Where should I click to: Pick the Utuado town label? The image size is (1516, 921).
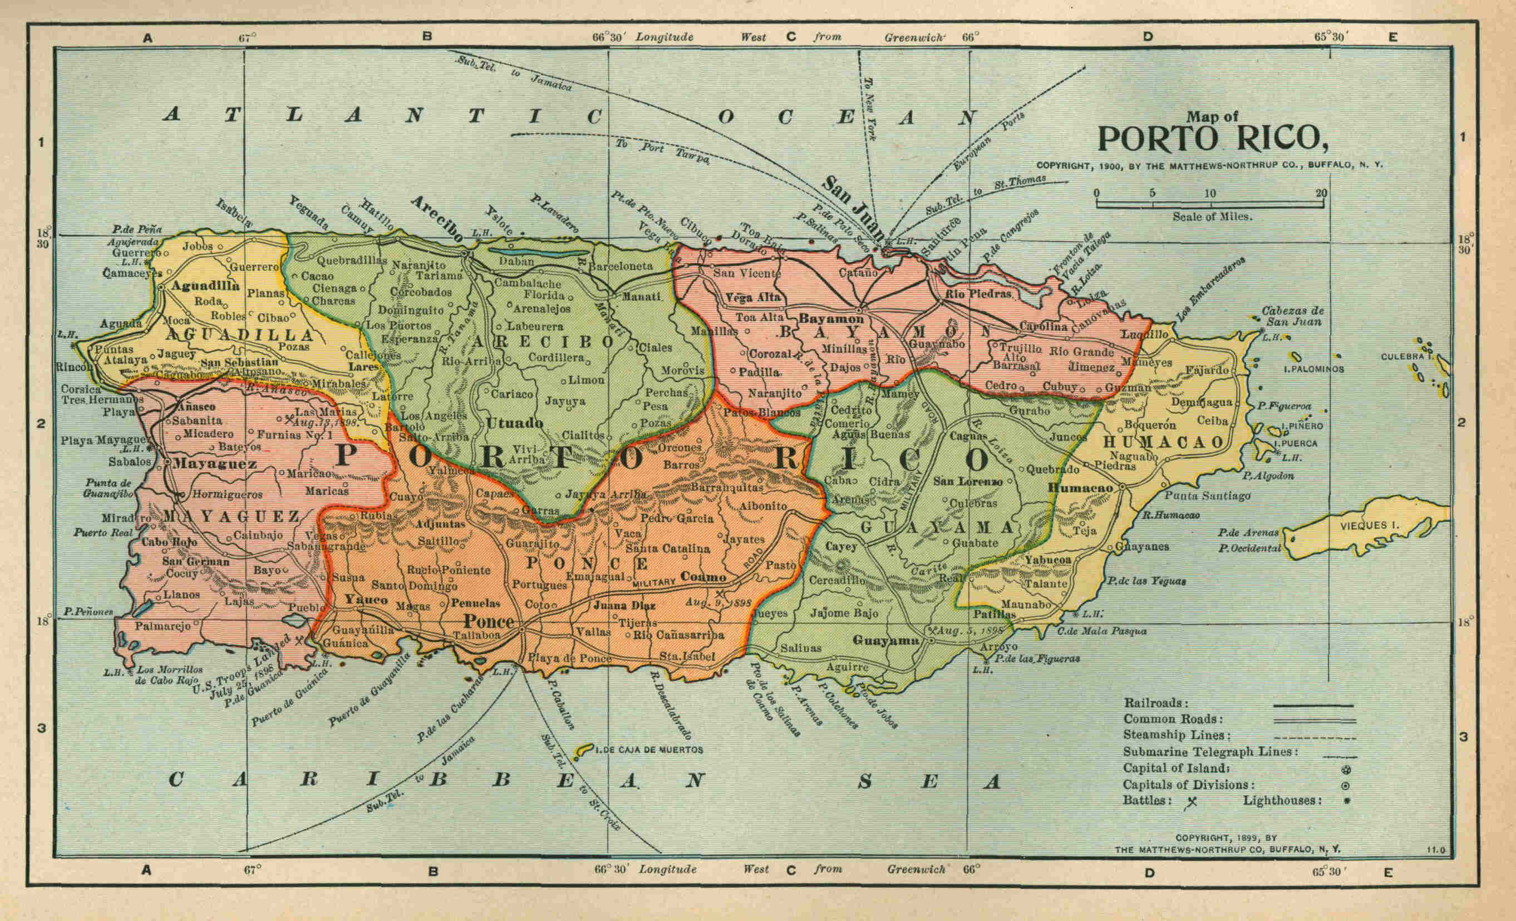click(x=514, y=423)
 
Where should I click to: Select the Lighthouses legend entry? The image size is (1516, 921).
click(x=1282, y=800)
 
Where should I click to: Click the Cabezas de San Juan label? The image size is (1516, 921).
click(x=1293, y=316)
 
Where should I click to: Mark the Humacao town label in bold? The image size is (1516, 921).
click(x=1080, y=488)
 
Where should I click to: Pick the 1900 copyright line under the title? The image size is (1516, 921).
click(x=1209, y=165)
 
